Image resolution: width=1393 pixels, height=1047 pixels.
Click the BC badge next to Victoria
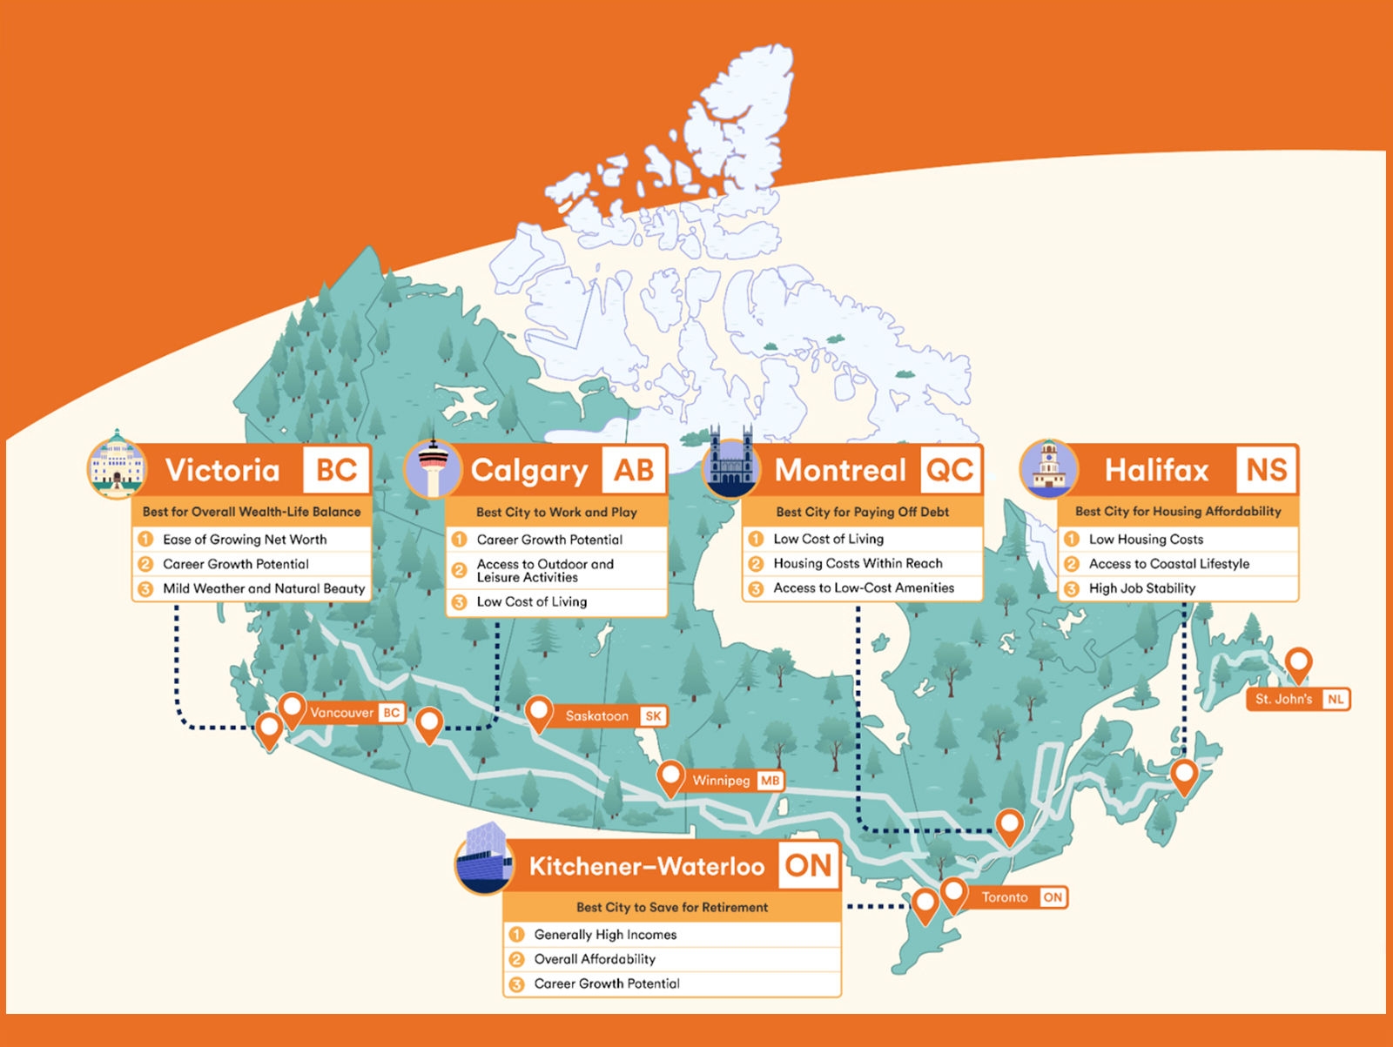pos(336,470)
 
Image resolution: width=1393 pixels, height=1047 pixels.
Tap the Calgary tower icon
pos(433,469)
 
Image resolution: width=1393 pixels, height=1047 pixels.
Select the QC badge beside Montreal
pos(949,470)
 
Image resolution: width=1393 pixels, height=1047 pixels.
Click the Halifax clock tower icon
pos(1048,468)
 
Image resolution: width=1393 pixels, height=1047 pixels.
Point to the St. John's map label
pos(1284,699)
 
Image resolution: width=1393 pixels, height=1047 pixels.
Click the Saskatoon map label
pos(597,716)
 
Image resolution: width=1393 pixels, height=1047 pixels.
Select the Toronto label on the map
pos(1006,897)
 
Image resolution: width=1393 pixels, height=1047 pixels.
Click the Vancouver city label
pos(342,713)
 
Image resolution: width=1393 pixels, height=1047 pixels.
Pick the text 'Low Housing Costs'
pos(1146,540)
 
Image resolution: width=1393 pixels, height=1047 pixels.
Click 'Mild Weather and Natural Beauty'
pos(264,588)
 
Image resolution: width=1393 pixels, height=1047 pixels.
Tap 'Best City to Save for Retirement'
pos(672,907)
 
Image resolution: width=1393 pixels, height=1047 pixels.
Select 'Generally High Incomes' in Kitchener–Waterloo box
pos(605,935)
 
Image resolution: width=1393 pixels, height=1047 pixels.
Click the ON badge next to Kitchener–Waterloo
pos(809,865)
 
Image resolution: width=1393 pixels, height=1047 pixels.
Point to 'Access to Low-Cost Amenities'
pos(864,588)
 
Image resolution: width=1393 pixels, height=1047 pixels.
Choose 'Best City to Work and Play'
pos(556,512)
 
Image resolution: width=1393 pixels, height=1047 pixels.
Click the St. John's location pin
pos(1298,663)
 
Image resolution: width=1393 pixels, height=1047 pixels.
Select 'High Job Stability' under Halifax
pos(1141,588)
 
